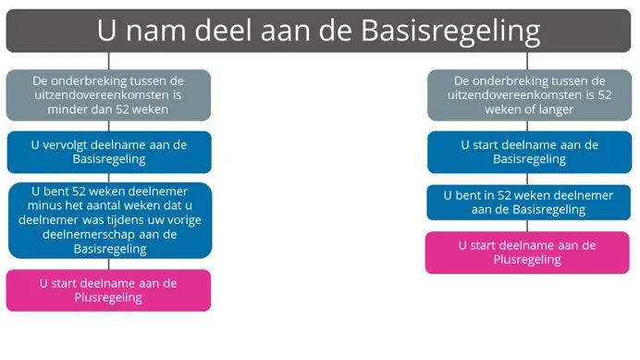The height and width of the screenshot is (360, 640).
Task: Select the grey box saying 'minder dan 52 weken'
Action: tap(109, 94)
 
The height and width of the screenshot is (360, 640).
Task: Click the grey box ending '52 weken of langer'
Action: tap(528, 94)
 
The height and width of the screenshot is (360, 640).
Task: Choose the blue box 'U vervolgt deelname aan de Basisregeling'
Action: tap(109, 152)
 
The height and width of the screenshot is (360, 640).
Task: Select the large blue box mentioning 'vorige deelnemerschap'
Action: tap(109, 220)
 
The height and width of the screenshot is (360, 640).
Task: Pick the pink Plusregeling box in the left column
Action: tap(109, 290)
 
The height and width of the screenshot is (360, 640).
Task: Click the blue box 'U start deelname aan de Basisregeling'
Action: tap(528, 152)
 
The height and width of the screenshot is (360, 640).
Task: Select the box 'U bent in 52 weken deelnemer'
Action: tap(528, 203)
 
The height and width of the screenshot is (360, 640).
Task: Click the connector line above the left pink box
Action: tap(109, 264)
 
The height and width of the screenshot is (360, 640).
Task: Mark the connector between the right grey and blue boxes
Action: tap(528, 126)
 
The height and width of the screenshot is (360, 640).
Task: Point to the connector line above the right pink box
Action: tap(527, 226)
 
